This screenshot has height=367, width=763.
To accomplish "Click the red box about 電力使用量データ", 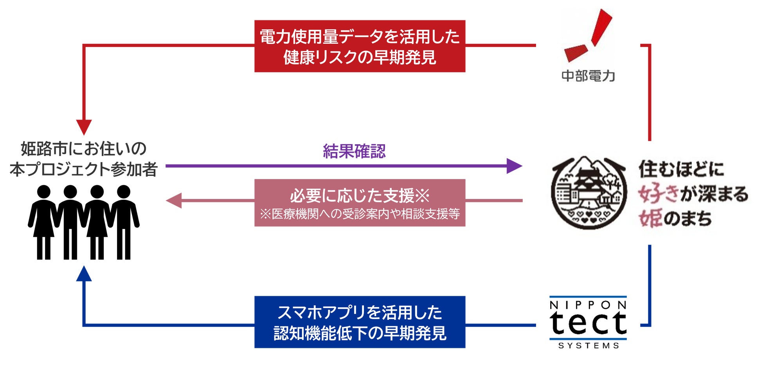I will tap(360, 46).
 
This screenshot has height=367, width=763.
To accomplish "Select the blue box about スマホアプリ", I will tap(360, 322).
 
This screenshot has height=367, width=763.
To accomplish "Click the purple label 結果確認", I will tap(354, 151).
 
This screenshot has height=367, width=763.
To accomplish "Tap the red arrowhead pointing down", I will tap(84, 127).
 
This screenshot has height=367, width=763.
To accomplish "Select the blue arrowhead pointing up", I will tap(84, 274).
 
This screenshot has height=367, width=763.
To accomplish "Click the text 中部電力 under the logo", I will tap(588, 76).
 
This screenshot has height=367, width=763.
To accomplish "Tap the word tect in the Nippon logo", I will tap(588, 323).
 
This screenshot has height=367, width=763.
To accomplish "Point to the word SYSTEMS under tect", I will tap(588, 346).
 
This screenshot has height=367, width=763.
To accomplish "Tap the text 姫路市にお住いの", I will tap(84, 149).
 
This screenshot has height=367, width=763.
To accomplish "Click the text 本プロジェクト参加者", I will tap(84, 170).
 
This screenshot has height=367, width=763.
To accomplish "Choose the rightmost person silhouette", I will tap(124, 222).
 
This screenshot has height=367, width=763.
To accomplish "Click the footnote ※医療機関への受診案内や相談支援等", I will tap(360, 214).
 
